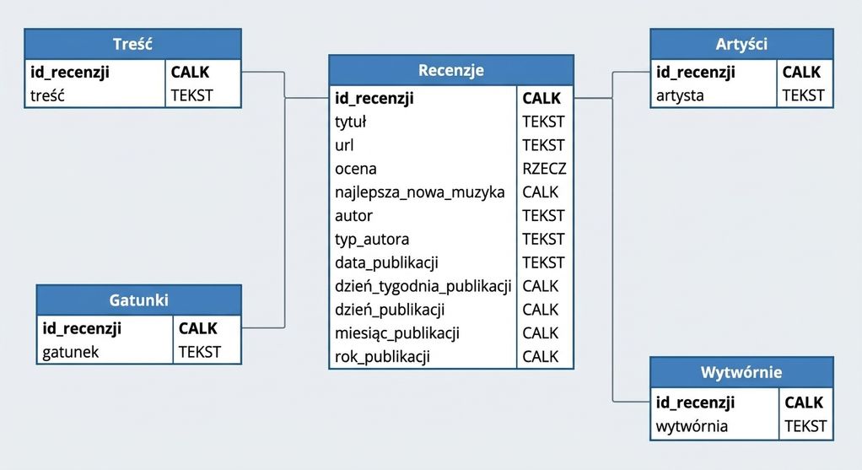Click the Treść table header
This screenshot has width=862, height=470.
[x=132, y=44]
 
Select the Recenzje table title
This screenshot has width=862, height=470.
[x=450, y=70]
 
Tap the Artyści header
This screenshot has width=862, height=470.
[x=741, y=44]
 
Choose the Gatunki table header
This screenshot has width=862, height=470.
[x=138, y=300]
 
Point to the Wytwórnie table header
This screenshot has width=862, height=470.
[x=741, y=372]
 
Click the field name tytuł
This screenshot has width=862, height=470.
[x=350, y=122]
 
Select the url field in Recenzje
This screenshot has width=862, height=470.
[x=344, y=145]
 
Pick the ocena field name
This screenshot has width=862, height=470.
[x=356, y=169]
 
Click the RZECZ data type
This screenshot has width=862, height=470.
[x=544, y=169]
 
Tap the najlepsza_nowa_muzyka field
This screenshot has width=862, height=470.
[x=419, y=192]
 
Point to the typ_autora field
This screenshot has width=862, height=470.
[x=372, y=240]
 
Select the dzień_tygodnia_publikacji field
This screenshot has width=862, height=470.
[x=423, y=286]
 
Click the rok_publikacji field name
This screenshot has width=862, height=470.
[x=382, y=357]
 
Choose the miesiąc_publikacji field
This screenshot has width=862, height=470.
[x=397, y=333]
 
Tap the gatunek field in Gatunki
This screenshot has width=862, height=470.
[x=70, y=353]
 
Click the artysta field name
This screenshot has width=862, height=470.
[x=680, y=95]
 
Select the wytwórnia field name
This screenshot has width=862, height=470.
[x=692, y=427]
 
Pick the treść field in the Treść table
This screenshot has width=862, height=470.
[x=47, y=95]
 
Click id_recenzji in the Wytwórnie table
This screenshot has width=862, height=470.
[x=695, y=402]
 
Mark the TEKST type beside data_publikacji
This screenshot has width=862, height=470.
[x=543, y=262]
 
